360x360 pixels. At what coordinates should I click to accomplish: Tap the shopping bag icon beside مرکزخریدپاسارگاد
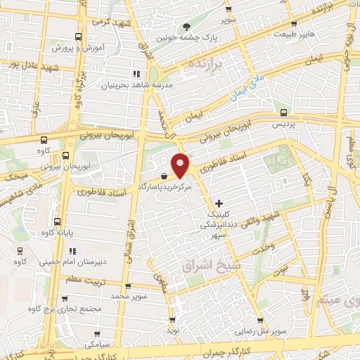pos(164,175)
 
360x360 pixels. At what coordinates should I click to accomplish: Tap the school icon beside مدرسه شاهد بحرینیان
pos(136,73)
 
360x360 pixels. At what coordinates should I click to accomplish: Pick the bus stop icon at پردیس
pos(283,112)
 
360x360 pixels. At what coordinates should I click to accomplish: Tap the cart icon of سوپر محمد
pos(127,286)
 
